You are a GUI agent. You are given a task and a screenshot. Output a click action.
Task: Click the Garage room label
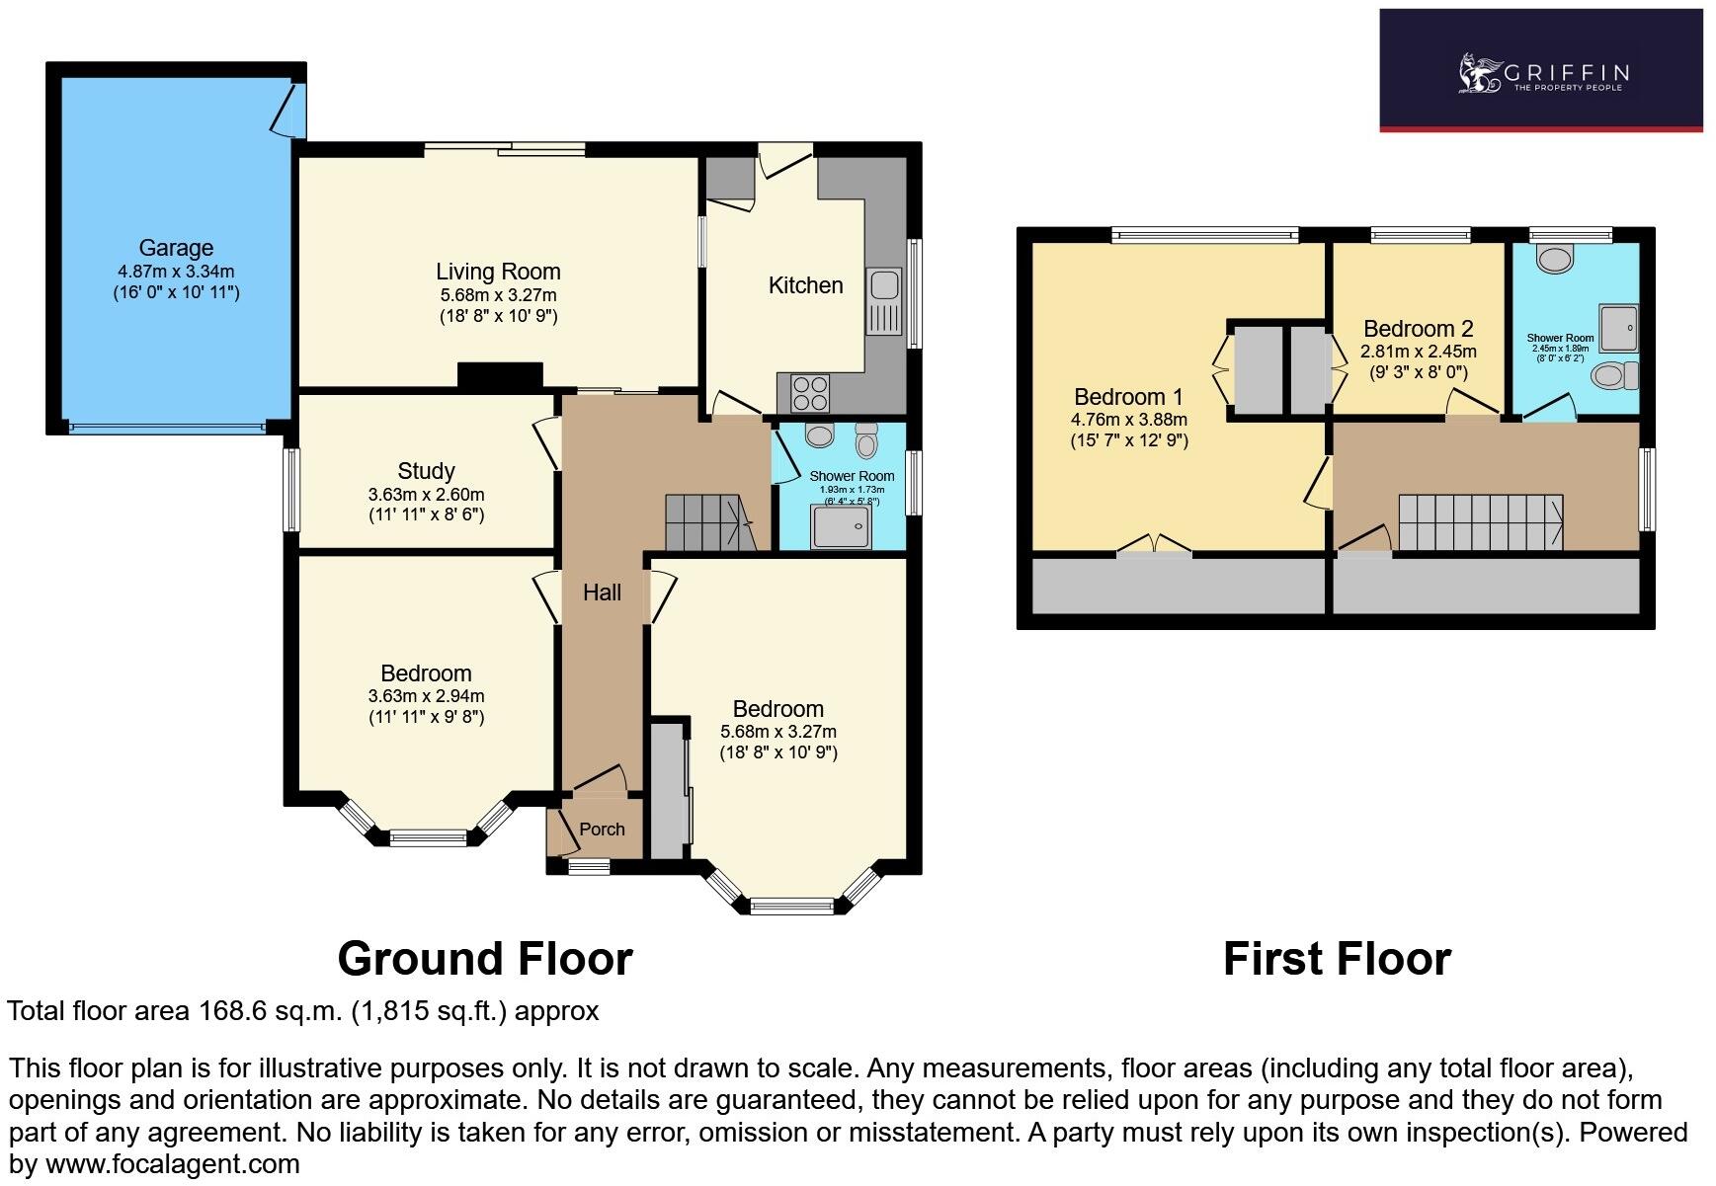176,248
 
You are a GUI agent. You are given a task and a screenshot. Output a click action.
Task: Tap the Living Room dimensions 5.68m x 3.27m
498,295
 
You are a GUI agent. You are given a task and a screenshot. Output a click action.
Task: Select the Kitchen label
805,285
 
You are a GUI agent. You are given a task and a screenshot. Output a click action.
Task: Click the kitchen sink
882,286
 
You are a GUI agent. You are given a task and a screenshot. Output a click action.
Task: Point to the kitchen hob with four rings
810,393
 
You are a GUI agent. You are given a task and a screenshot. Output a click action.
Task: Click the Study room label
426,471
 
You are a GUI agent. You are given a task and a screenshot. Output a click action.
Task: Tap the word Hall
602,593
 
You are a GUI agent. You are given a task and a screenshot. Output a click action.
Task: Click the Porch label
602,830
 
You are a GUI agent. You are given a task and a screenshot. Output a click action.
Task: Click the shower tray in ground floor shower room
841,526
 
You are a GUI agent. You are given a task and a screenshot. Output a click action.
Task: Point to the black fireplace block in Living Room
500,375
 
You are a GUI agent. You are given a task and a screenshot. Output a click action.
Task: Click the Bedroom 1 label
1128,397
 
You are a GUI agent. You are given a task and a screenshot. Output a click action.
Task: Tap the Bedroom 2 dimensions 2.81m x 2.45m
1419,352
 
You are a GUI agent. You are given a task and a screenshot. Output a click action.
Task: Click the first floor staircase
1480,522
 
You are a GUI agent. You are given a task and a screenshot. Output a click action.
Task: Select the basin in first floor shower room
1556,259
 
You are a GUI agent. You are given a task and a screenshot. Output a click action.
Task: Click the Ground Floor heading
484,959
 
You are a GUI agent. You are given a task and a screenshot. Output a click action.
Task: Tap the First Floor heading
1337,959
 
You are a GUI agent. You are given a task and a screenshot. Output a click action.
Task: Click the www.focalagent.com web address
173,1164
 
